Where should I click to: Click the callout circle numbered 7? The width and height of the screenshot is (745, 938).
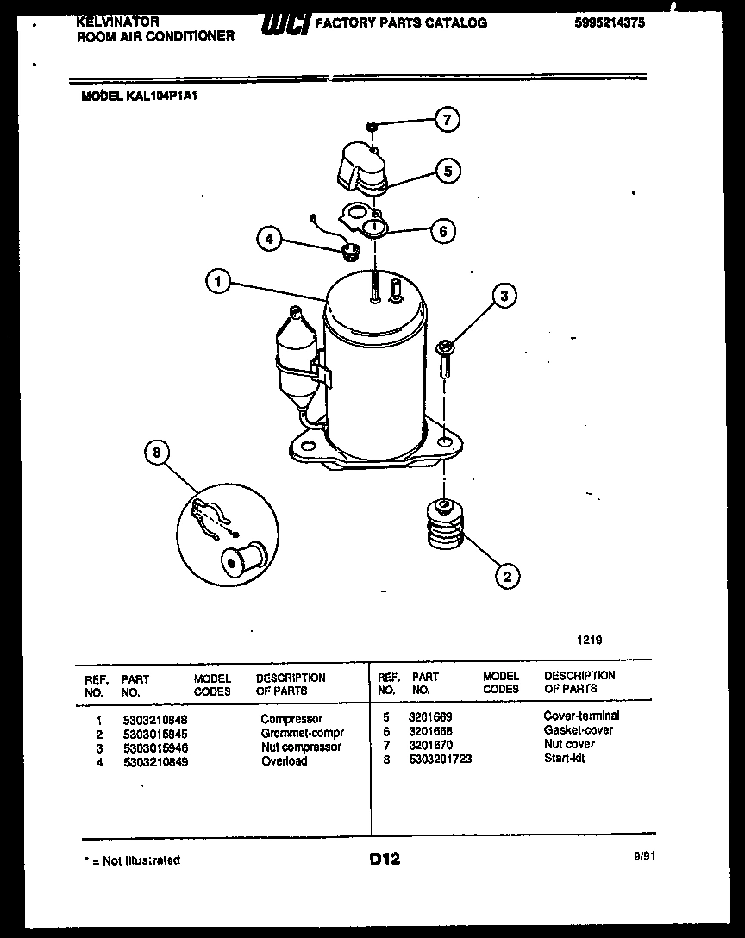point(447,121)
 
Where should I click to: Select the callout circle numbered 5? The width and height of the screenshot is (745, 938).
point(447,171)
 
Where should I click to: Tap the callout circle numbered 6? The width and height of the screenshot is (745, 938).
point(442,231)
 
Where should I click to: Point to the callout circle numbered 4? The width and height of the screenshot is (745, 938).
point(270,239)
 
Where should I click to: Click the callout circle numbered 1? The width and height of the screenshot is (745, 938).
point(219,281)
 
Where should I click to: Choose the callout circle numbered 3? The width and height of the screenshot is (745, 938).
point(504,297)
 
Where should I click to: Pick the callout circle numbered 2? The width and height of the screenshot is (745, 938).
point(507,576)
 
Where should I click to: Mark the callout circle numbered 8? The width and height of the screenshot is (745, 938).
point(156,453)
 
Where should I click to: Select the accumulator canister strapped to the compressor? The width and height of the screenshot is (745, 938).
point(292,361)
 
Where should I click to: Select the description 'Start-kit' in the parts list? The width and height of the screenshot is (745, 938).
point(564,759)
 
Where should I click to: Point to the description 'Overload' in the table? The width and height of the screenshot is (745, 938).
point(284,761)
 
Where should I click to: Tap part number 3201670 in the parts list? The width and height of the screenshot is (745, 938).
point(432,745)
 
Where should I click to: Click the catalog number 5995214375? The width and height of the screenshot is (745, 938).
point(609,24)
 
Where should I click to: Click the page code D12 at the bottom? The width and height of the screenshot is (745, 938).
point(385,859)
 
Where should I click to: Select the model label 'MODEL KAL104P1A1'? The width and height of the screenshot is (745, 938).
point(140,97)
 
